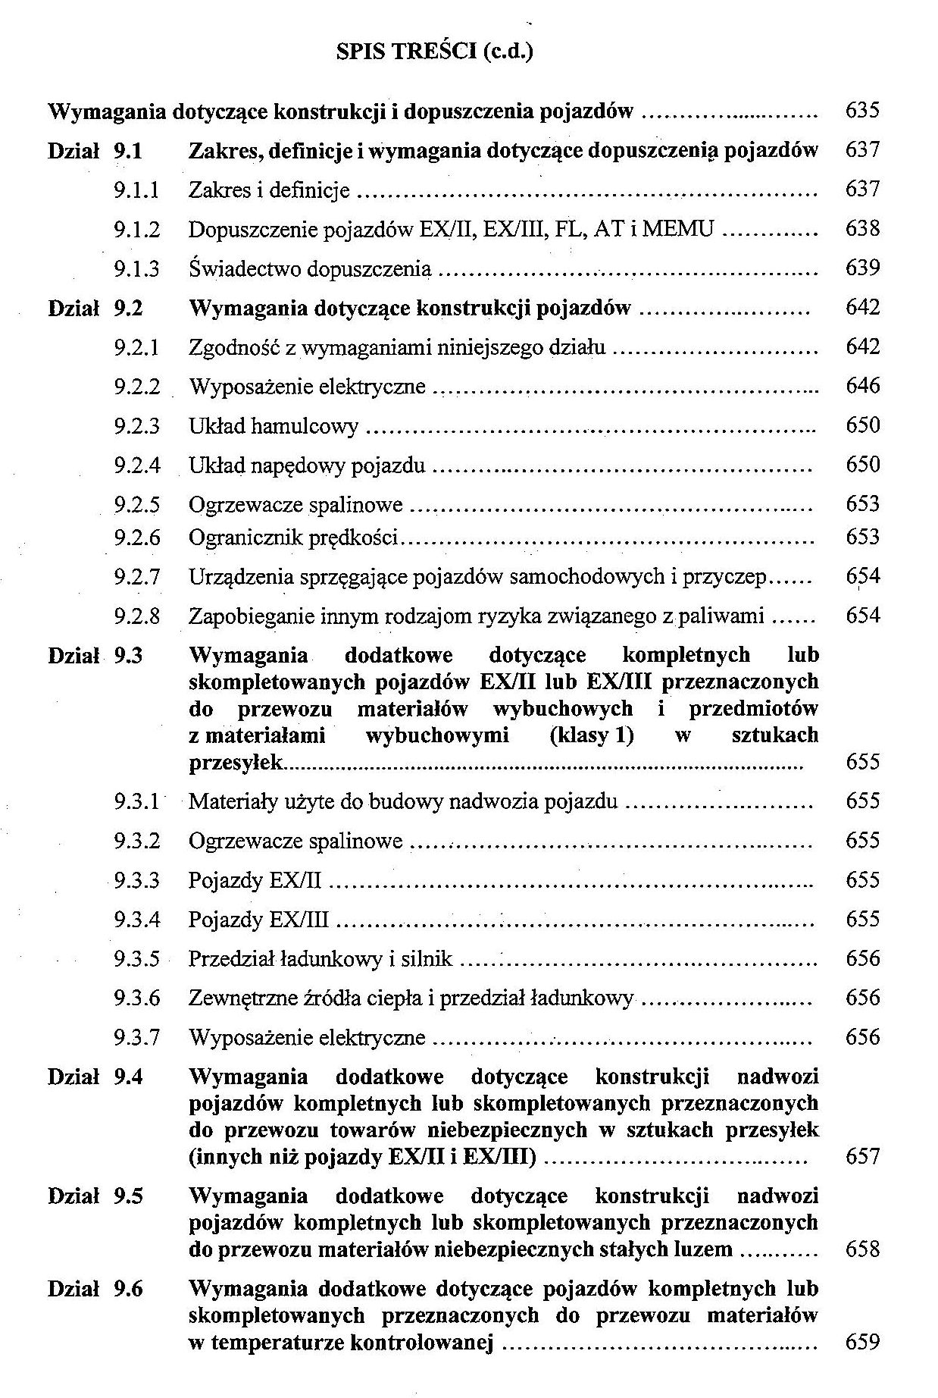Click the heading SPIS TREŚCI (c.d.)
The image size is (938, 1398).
[x=434, y=52]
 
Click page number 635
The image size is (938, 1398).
[x=862, y=111]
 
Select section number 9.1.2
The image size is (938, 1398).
[x=137, y=229]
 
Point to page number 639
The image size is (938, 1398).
[x=862, y=268]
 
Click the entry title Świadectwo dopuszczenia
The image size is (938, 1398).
[x=309, y=268]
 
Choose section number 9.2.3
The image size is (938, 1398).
[x=137, y=426]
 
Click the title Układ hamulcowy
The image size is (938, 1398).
[x=274, y=426]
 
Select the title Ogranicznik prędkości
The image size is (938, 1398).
[x=293, y=538]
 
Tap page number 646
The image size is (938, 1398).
[x=862, y=386]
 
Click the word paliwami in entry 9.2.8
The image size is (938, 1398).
[x=721, y=616]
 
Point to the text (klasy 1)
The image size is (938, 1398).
[x=592, y=735]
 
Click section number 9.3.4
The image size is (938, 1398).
[x=137, y=920]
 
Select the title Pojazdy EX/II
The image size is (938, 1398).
[x=255, y=880]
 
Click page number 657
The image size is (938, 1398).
[x=862, y=1156]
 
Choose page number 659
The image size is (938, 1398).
[x=862, y=1343]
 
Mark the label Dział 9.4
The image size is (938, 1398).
[x=95, y=1077]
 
